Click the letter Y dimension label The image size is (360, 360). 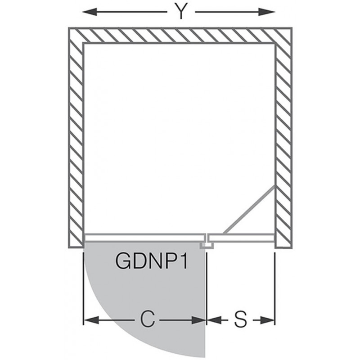(x=181, y=11)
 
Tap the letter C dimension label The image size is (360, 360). (x=148, y=319)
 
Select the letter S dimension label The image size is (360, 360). (x=241, y=319)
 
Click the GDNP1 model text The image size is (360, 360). (x=152, y=261)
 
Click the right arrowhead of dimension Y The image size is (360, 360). (x=267, y=12)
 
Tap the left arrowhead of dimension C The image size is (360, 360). (x=91, y=320)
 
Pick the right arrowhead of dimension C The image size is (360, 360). (x=198, y=320)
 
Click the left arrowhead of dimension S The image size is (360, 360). (x=215, y=320)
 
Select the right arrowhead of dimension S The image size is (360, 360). (x=267, y=320)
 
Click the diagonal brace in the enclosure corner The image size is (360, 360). (x=249, y=210)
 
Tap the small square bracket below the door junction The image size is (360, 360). (x=207, y=245)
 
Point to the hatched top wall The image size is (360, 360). (x=180, y=35)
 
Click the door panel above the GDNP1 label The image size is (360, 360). (x=144, y=238)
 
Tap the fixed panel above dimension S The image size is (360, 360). (x=241, y=238)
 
